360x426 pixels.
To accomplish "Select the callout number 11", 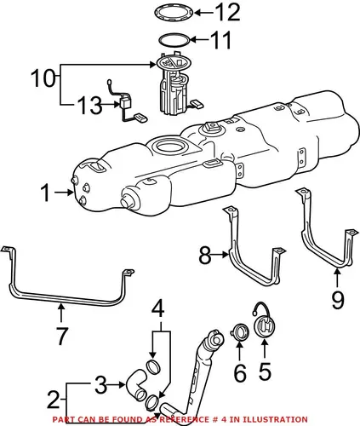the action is (220, 40).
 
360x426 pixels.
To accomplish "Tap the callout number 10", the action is (43, 78).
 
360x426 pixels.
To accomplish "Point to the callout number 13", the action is (89, 106).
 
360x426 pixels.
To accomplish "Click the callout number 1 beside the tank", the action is (46, 193).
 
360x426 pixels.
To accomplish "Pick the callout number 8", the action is (205, 255).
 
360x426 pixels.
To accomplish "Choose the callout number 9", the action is (338, 300).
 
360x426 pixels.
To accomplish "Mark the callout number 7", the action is (62, 336).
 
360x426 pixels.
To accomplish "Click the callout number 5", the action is (265, 371).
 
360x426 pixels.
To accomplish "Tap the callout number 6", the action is (240, 372).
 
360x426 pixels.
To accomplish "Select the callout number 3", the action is (100, 385).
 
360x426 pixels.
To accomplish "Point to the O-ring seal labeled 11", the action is (161, 39).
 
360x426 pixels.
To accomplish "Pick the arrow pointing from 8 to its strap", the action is (220, 255).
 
